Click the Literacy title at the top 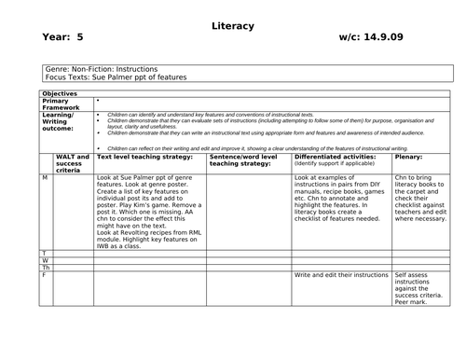pos(234,26)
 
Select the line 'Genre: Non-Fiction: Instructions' pos(102,69)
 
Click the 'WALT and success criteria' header pos(72,162)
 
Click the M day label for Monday pos(45,176)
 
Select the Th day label pos(46,268)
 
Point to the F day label pos(44,275)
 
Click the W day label pos(45,260)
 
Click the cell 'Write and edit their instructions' pos(341,276)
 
